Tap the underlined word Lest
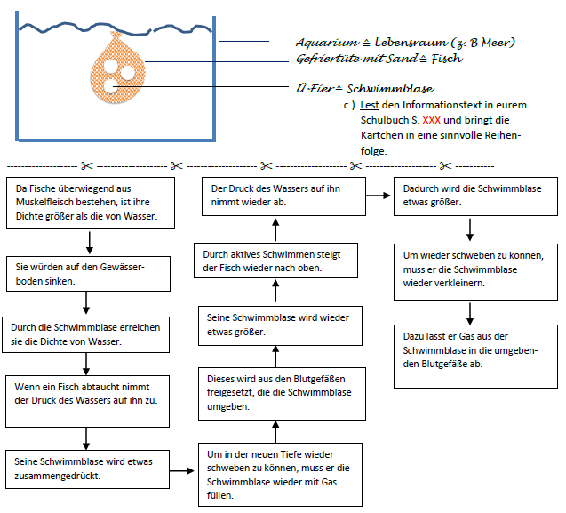[371, 105]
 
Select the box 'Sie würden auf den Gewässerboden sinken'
[87, 274]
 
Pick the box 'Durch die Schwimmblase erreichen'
[87, 333]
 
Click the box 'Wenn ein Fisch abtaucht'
[87, 395]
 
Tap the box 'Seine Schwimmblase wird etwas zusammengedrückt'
[87, 469]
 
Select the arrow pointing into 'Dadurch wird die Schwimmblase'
[379, 196]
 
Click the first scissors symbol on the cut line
[86, 165]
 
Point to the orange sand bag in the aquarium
[116, 71]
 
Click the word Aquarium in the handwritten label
[324, 43]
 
